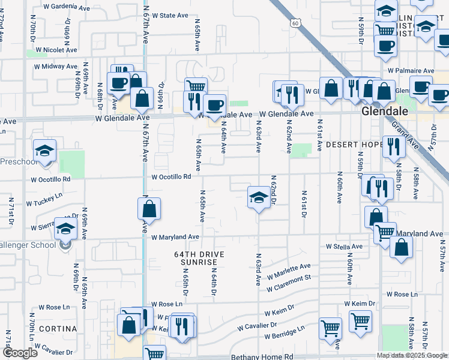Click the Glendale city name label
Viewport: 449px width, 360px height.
tap(385, 112)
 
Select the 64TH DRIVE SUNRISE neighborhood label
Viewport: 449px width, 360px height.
tap(195, 259)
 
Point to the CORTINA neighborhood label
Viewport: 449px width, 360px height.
tap(58, 329)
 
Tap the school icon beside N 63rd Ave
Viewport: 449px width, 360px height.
tap(258, 197)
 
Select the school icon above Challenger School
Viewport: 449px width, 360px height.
tap(65, 229)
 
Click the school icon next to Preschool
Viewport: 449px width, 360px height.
tap(44, 151)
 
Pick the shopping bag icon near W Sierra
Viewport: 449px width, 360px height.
tap(149, 209)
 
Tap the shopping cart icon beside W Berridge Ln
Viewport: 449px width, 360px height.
tap(330, 328)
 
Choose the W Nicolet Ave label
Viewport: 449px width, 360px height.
tap(57, 50)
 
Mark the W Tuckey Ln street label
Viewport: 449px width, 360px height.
tap(43, 196)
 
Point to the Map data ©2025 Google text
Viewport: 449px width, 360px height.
tap(411, 355)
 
